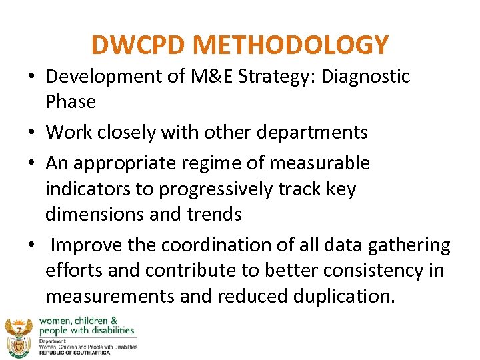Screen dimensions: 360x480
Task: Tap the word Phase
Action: coord(71,102)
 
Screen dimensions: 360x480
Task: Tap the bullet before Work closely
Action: coord(33,133)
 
